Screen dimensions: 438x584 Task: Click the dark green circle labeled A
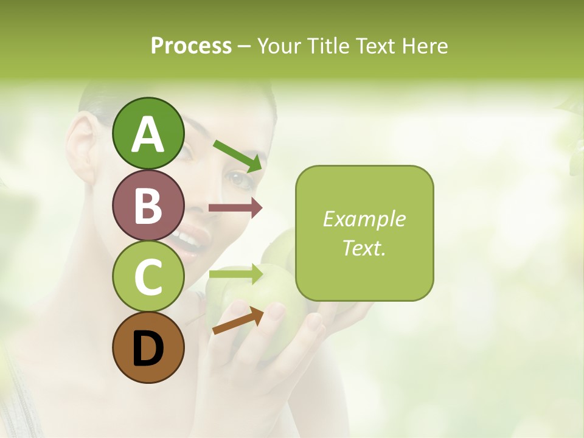[x=148, y=133]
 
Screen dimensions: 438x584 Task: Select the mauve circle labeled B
[x=148, y=205]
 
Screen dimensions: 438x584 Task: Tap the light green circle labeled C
[x=148, y=277]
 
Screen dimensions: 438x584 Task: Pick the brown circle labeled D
[x=148, y=347]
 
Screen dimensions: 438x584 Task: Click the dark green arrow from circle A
[x=238, y=156]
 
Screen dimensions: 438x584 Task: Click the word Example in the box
[x=364, y=219]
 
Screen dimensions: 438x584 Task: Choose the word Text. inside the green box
[x=364, y=248]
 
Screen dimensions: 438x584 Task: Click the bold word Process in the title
[x=191, y=46]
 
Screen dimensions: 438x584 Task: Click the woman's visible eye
[x=238, y=178]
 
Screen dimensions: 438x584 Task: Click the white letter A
[x=148, y=134]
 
